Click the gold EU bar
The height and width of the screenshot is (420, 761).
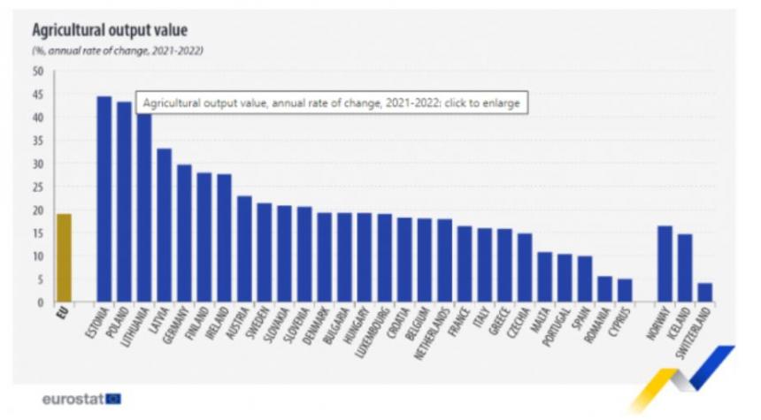[64, 257]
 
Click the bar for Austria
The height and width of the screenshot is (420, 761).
[244, 249]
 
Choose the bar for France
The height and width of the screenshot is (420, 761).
[465, 264]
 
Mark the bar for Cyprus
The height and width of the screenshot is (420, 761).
[625, 291]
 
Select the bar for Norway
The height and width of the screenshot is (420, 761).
[665, 264]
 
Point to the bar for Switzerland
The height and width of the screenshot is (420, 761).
[704, 293]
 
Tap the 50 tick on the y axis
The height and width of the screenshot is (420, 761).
[38, 72]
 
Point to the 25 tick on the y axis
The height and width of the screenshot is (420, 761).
[38, 187]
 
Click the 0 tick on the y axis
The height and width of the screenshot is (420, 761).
[41, 303]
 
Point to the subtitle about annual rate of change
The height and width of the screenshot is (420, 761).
[118, 50]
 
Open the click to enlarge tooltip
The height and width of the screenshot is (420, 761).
[330, 103]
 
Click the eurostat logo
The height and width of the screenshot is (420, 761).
[81, 399]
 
